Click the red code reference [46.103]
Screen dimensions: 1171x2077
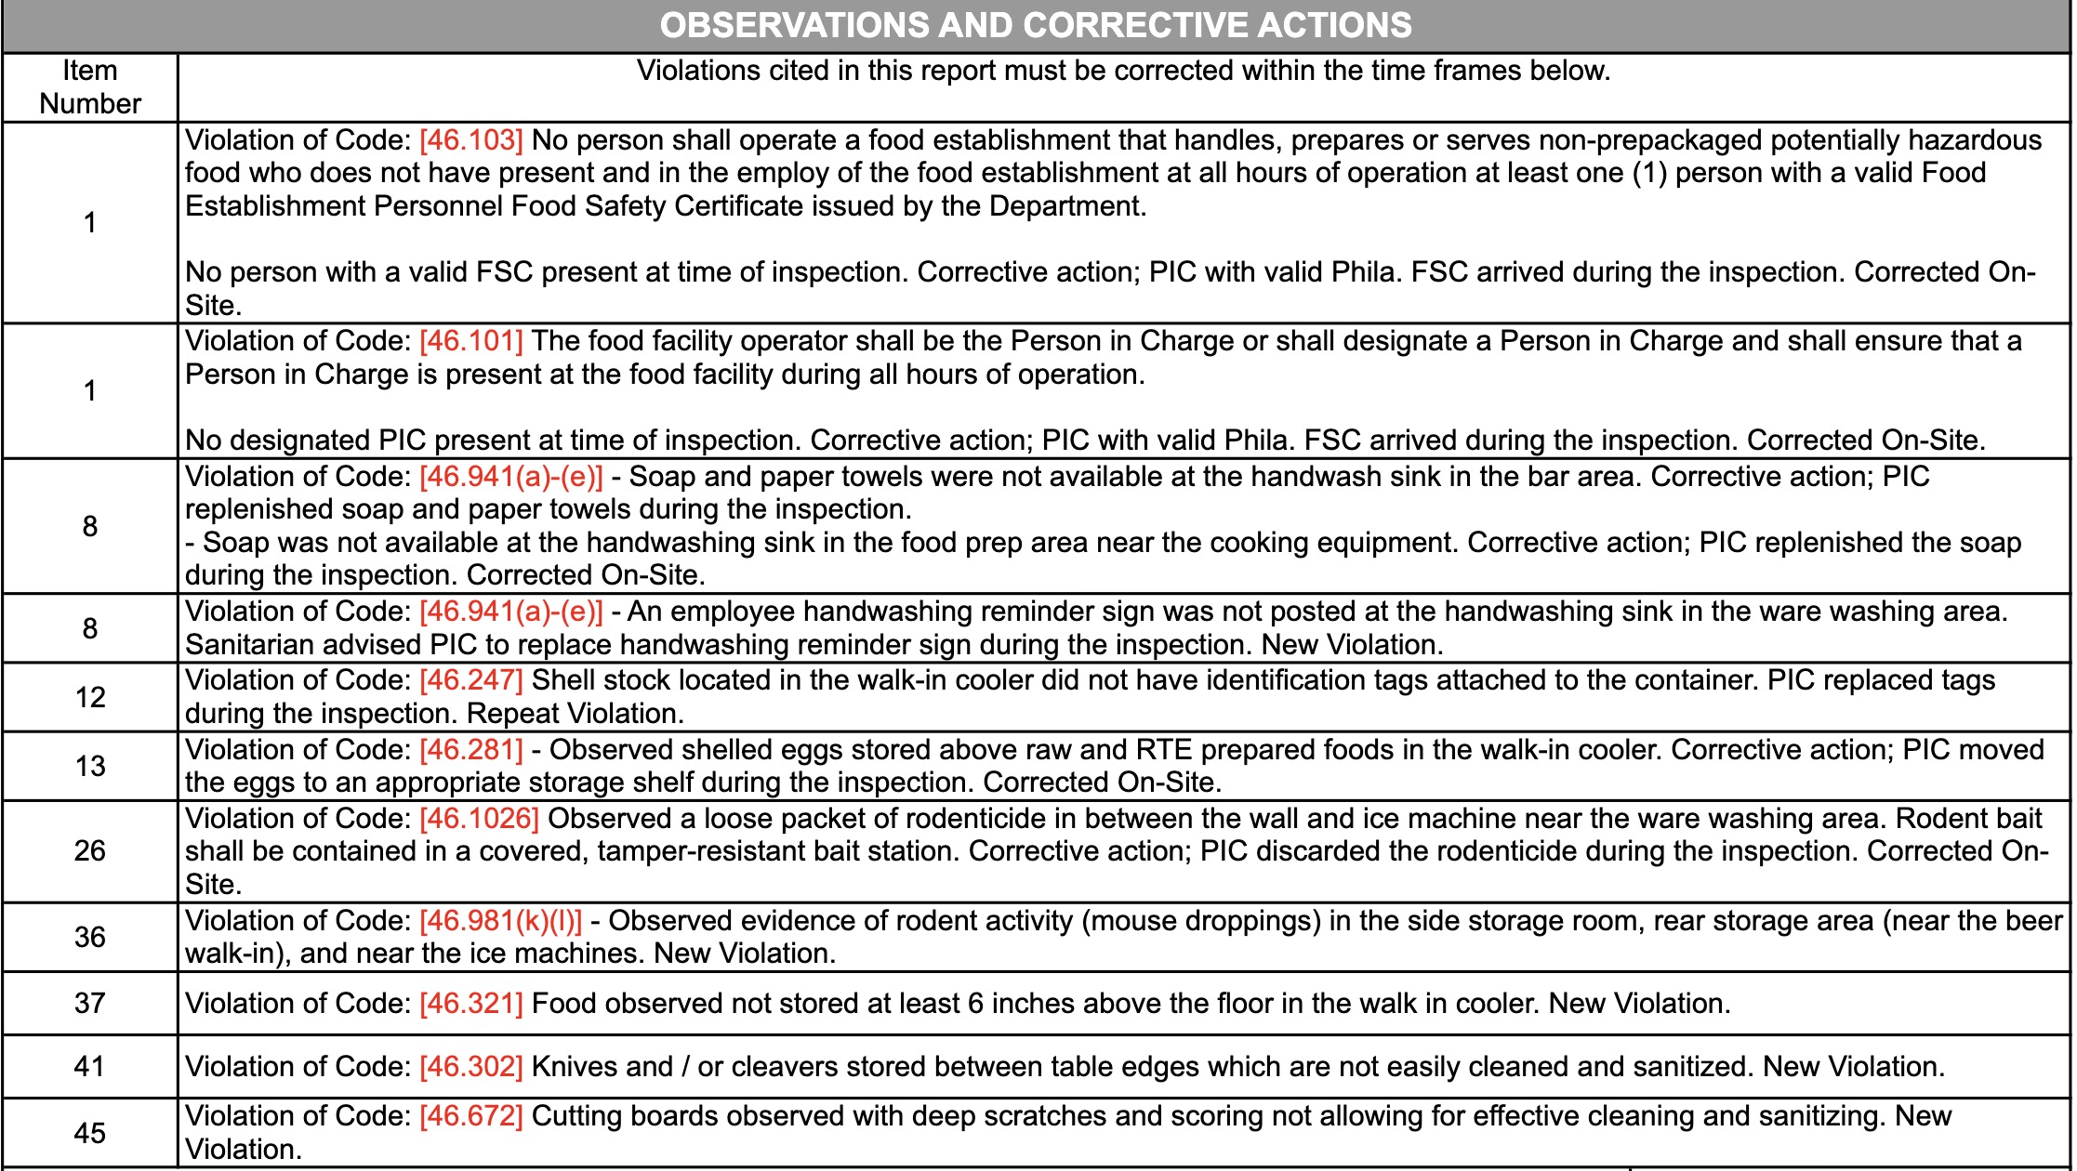470,140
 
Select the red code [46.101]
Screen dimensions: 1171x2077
470,341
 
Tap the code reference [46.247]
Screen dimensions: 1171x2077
470,680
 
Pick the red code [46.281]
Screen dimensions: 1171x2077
470,750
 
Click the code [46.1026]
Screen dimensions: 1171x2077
479,819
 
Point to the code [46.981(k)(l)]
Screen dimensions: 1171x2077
500,921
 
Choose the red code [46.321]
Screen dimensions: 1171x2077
470,1004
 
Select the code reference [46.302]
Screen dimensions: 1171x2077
470,1067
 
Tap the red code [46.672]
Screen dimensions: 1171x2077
470,1116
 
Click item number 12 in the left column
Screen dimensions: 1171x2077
90,697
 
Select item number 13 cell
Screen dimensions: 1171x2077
90,767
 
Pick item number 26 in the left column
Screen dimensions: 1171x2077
90,851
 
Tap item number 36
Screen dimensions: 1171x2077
90,937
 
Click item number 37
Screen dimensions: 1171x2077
90,1004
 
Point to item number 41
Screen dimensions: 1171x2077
90,1067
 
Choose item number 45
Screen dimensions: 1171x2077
90,1133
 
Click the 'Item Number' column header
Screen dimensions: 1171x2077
90,87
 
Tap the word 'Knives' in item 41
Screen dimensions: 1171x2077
575,1067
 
